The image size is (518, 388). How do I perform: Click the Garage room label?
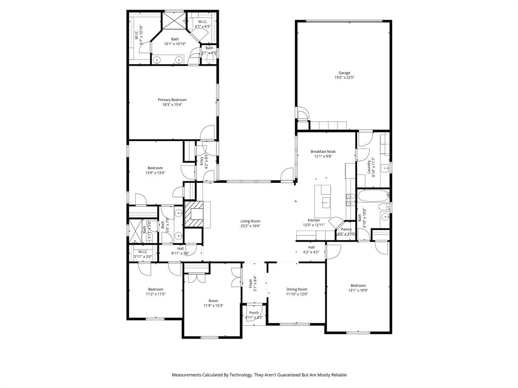[344, 73]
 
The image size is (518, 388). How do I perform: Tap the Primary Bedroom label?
[171, 100]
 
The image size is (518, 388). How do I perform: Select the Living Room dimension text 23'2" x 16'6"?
[250, 226]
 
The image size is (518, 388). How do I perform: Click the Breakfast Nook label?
[323, 151]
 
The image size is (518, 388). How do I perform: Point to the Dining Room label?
[296, 289]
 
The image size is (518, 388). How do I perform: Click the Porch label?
[254, 313]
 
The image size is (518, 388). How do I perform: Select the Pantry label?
[346, 229]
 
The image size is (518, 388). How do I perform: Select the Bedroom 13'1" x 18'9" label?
[358, 285]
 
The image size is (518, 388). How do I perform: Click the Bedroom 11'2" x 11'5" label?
[156, 289]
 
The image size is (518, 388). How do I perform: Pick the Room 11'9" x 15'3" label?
[213, 301]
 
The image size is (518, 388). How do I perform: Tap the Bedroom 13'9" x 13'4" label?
[155, 168]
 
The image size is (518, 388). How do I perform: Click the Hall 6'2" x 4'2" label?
[311, 247]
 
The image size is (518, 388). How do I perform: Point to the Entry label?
[201, 161]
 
